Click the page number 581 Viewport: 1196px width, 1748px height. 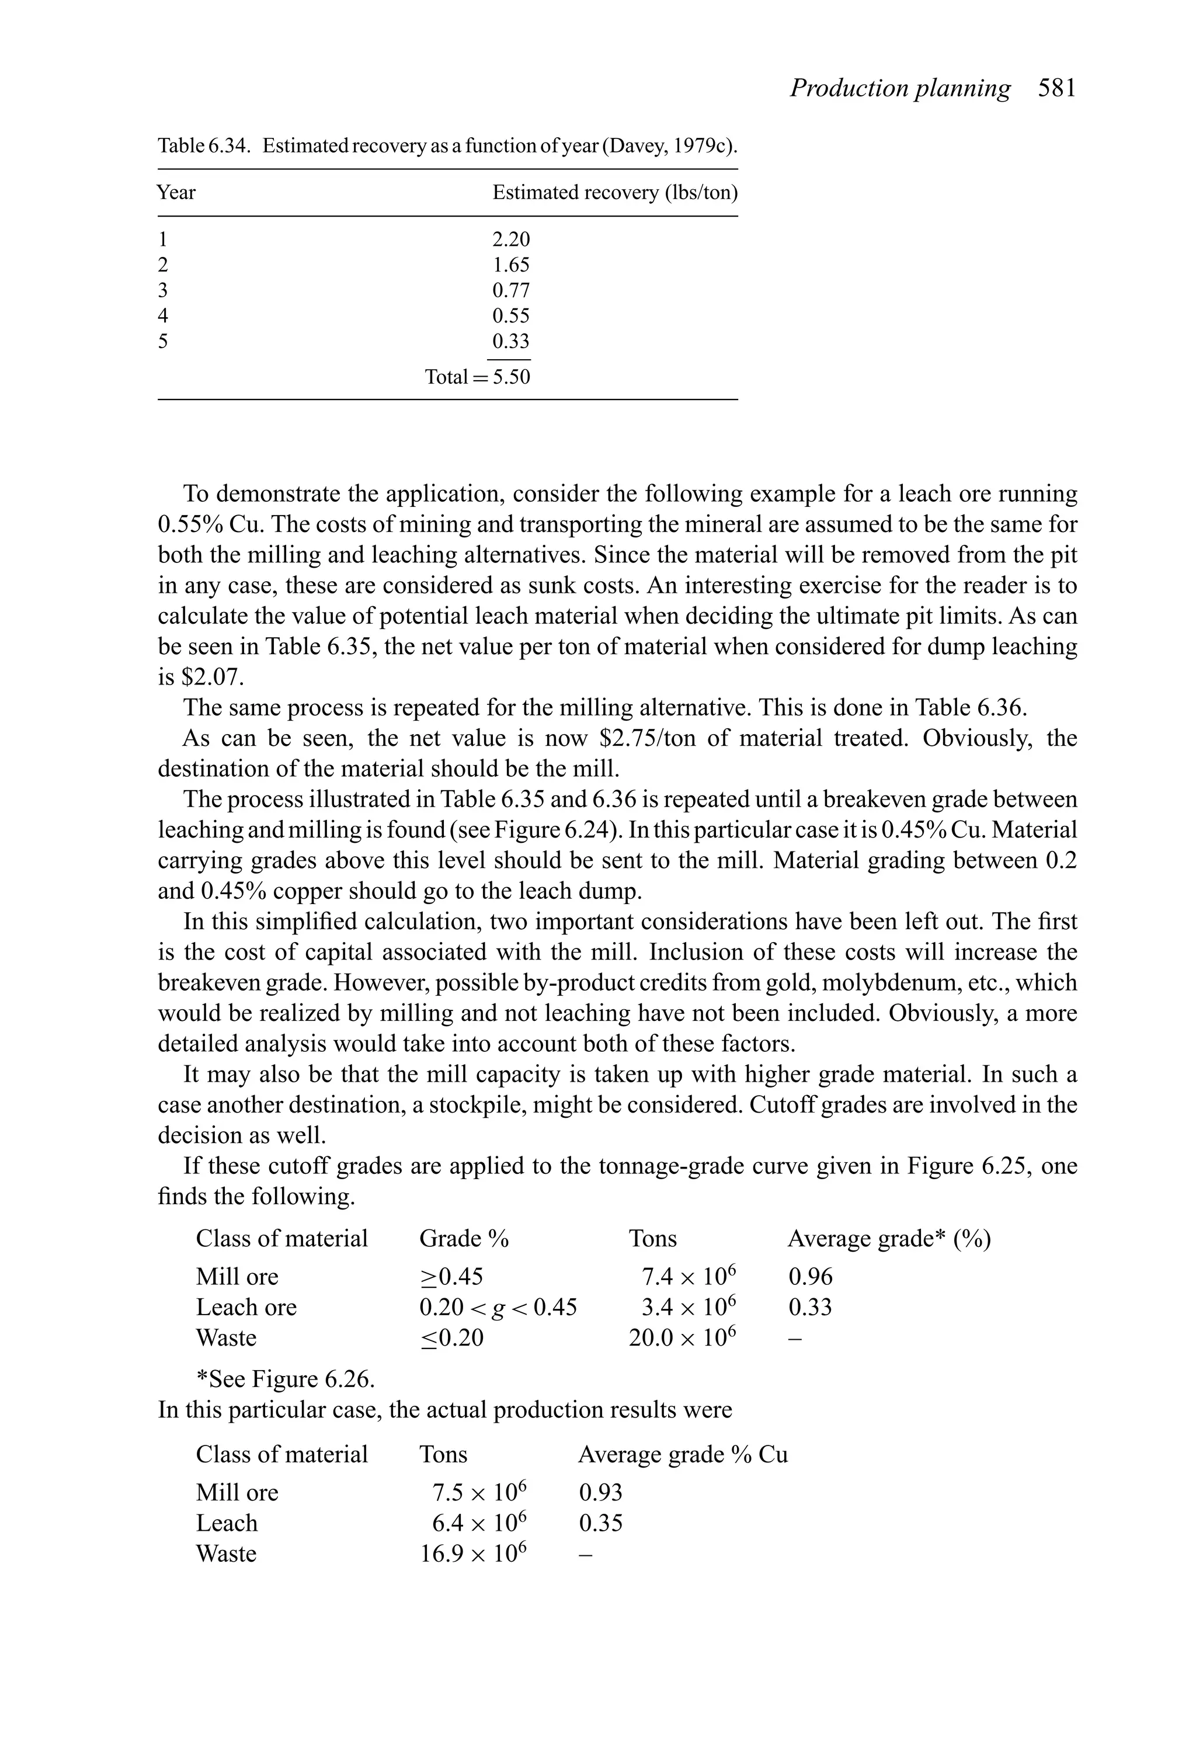click(x=1057, y=89)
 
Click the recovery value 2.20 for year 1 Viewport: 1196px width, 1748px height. click(x=511, y=239)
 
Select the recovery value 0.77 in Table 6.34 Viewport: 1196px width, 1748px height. click(x=511, y=290)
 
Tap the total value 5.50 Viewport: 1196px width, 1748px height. click(x=511, y=376)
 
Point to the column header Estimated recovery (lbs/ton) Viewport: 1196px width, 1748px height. click(x=614, y=193)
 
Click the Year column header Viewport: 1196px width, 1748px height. click(x=176, y=193)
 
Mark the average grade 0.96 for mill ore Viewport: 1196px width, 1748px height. click(x=810, y=1277)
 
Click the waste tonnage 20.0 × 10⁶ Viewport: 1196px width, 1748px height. click(x=682, y=1338)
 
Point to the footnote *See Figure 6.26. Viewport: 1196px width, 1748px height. click(x=285, y=1379)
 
